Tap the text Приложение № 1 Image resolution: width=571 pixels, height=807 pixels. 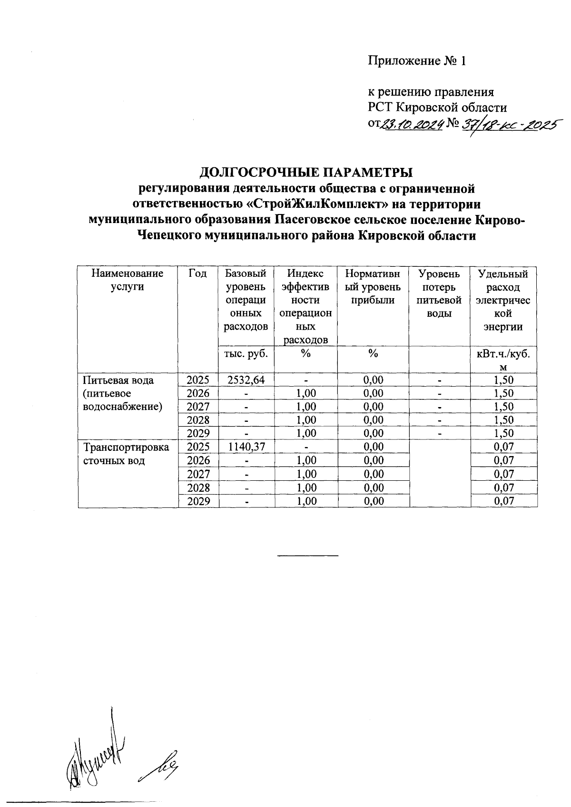click(416, 61)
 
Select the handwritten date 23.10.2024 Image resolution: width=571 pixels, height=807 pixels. click(413, 125)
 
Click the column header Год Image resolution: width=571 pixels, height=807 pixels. click(197, 273)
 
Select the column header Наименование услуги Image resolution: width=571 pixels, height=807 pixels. click(127, 280)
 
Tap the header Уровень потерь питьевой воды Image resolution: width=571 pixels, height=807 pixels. click(439, 293)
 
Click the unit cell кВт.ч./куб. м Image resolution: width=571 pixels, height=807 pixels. click(503, 360)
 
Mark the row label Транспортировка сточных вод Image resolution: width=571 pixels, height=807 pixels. click(126, 454)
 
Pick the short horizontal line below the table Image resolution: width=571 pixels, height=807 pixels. click(307, 555)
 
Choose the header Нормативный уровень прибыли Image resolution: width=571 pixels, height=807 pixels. click(373, 287)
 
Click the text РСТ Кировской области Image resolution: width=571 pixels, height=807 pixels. click(437, 107)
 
